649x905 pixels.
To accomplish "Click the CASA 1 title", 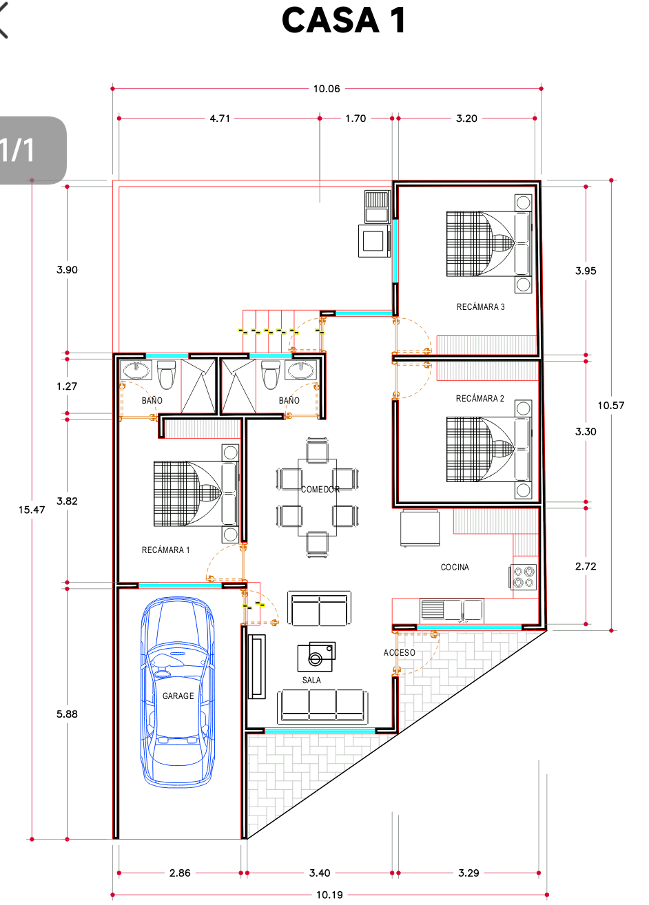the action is point(344,20).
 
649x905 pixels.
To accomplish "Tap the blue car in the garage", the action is point(177,692).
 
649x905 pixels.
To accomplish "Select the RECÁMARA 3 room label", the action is point(480,307).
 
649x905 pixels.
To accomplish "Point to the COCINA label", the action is point(455,568).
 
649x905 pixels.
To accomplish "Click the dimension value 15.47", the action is point(32,510).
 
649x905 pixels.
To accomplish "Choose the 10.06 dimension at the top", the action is point(327,89).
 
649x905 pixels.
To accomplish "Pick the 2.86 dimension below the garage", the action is point(180,873).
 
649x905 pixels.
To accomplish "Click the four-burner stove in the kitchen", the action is point(523,576).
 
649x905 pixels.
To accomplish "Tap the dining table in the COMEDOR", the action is point(317,497).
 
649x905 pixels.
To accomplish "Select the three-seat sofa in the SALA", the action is point(322,707).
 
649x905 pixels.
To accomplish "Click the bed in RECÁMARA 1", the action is point(196,494).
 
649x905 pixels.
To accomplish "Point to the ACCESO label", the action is point(400,652).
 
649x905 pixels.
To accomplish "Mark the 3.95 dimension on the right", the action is point(586,271).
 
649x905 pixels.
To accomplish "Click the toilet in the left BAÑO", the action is point(167,374).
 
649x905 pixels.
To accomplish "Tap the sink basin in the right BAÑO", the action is point(300,370).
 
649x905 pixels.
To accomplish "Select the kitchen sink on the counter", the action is point(452,610).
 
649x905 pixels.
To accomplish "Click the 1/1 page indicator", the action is point(17,150).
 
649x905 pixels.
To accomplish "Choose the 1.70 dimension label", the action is point(356,118).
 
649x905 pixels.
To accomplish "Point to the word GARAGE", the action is point(178,696).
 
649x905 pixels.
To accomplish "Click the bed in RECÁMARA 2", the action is point(489,449).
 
